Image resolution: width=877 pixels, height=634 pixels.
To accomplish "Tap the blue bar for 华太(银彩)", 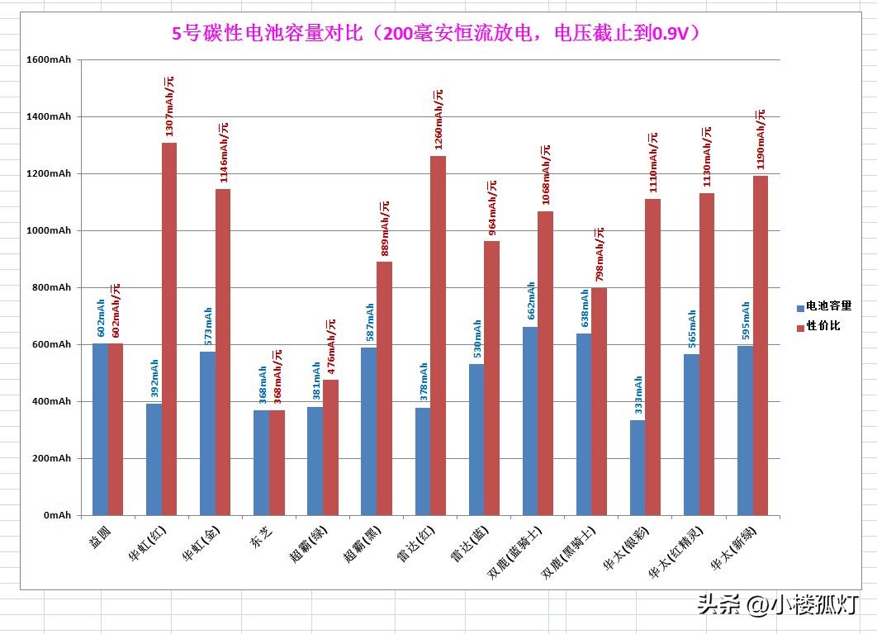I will [x=638, y=467].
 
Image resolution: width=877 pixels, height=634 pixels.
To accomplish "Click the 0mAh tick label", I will [x=57, y=515].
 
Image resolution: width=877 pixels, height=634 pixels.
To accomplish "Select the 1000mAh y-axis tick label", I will [x=48, y=231].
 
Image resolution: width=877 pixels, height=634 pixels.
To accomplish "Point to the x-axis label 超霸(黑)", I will [x=361, y=542].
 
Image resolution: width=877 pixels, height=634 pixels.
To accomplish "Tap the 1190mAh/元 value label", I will [x=761, y=140].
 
